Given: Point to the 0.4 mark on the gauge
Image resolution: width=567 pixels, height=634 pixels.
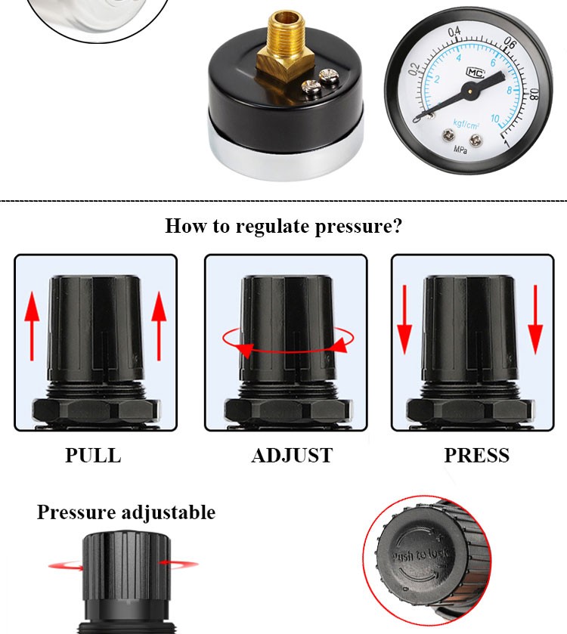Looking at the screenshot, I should click(454, 32).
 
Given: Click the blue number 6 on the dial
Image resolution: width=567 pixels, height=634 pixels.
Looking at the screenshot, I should click(493, 62).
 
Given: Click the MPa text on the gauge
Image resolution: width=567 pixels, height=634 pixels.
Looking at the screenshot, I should click(460, 150).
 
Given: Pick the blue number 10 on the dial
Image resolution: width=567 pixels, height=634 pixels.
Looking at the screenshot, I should click(495, 119).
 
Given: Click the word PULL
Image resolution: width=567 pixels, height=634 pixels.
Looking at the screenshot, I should click(92, 456).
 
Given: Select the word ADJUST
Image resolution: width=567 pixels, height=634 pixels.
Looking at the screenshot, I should click(291, 456).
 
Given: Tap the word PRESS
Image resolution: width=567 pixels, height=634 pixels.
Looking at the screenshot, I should click(476, 456).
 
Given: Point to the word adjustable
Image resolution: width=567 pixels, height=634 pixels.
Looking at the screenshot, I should click(169, 512).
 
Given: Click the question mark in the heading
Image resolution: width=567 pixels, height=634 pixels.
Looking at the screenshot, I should click(397, 226).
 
